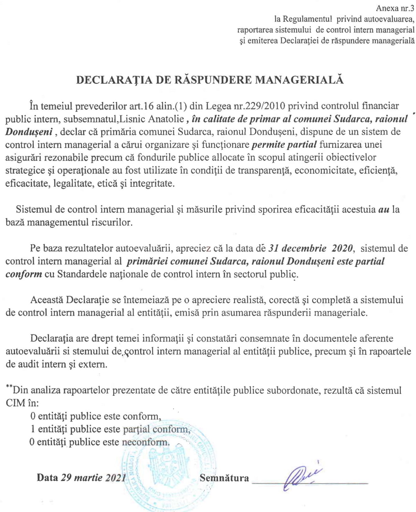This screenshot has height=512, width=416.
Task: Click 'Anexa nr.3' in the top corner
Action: click(x=395, y=9)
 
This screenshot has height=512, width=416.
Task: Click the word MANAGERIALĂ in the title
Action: click(x=299, y=80)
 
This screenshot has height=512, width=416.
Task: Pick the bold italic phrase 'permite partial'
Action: click(x=284, y=145)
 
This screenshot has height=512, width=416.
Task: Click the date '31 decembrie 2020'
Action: click(x=310, y=248)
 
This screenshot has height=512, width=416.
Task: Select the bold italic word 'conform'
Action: click(x=24, y=274)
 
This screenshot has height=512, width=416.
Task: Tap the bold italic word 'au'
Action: click(x=384, y=210)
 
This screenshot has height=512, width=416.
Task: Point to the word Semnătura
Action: click(x=224, y=478)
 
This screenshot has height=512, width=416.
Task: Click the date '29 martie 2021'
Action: click(x=93, y=478)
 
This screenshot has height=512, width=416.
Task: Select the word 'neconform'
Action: click(x=145, y=442)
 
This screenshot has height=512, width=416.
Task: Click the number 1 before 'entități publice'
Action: click(x=33, y=429)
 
